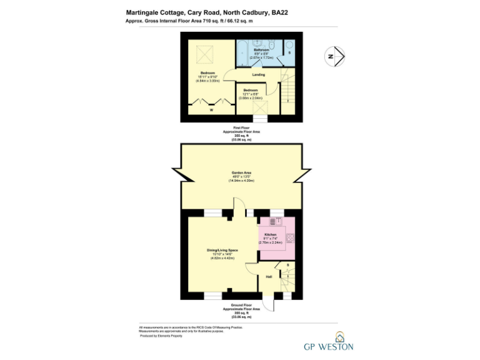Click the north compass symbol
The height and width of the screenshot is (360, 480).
coord(336,56)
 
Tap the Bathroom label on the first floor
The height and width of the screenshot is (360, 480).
coord(261,49)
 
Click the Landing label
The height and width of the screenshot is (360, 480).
coord(258,74)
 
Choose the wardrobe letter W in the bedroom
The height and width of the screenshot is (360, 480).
coord(211,110)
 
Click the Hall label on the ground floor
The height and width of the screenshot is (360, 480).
coord(268,276)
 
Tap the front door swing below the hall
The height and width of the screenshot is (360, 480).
coord(268,302)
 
